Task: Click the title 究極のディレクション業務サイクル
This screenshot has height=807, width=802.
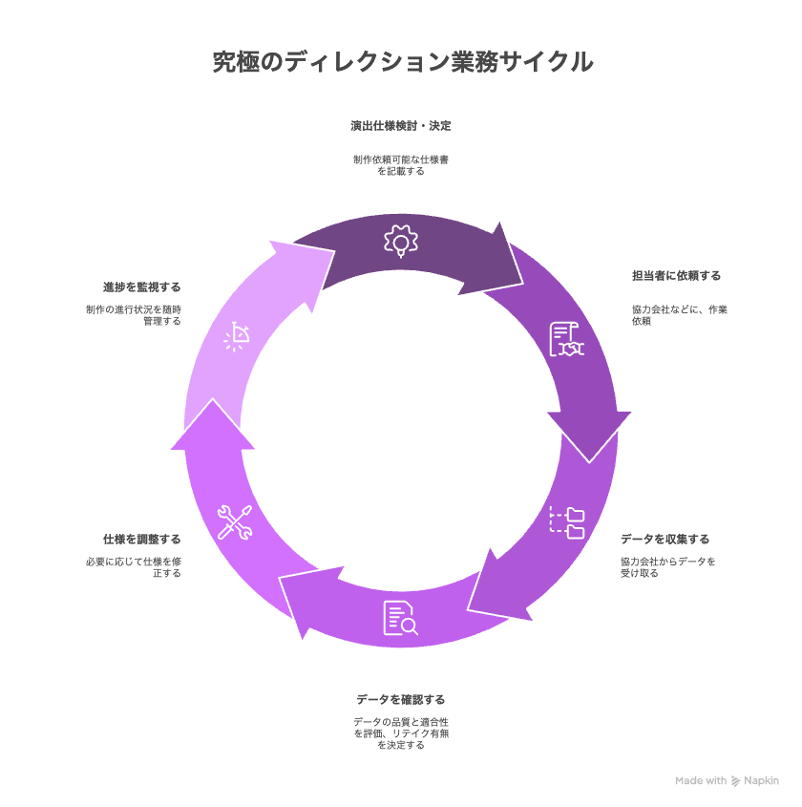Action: coord(403,62)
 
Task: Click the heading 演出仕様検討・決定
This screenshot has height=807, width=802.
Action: coord(401,126)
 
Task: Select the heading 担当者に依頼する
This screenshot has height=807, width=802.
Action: coord(676,276)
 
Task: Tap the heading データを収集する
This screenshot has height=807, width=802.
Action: coord(665,540)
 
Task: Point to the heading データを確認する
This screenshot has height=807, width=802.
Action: coord(401,700)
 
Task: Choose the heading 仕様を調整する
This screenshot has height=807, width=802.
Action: coord(142,540)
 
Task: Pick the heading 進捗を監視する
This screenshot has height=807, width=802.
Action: coord(142,287)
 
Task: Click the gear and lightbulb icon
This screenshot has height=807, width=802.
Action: coord(401,241)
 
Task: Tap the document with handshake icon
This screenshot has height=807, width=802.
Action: coord(566,339)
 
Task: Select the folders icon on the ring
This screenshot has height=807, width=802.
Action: coord(566,522)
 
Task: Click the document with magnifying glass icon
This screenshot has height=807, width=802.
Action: coord(401,618)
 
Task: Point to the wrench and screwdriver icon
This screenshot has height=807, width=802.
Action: coord(235,522)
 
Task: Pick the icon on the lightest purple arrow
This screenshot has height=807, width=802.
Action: coord(237,336)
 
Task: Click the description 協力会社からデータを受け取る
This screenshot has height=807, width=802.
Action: coord(667,567)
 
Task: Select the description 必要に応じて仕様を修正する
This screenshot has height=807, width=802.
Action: coord(134,567)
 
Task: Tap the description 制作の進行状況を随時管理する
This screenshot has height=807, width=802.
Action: coord(134,315)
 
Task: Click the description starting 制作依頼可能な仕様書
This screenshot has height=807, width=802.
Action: coord(401,165)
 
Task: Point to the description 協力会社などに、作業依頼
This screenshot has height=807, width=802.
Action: coord(680,315)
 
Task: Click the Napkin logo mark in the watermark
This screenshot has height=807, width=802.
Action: coord(735,781)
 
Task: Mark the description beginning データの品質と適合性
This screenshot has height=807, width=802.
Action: coord(401,733)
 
